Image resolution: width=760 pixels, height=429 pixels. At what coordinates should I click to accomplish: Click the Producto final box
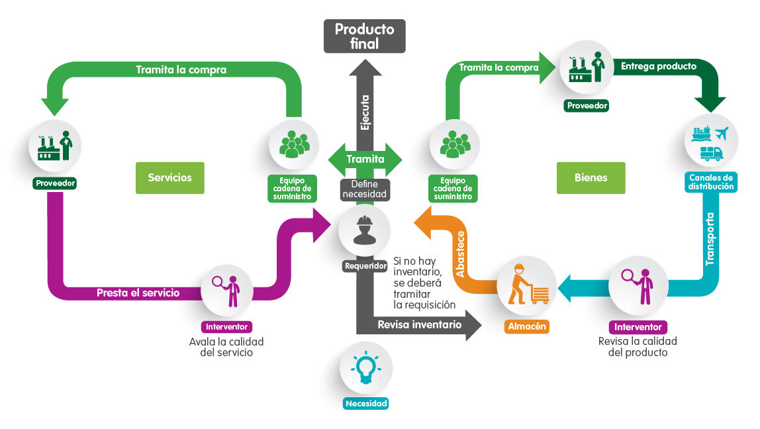pyautogui.click(x=364, y=36)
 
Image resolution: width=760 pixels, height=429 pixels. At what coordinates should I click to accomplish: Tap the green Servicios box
pyautogui.click(x=169, y=177)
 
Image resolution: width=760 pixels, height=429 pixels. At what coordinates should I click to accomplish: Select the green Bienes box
pyautogui.click(x=591, y=177)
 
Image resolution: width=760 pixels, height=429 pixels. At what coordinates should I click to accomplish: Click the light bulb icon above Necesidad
pyautogui.click(x=365, y=367)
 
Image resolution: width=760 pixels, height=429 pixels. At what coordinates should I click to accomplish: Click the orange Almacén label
pyautogui.click(x=527, y=326)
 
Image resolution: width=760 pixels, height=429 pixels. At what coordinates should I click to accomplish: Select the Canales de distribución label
pyautogui.click(x=711, y=182)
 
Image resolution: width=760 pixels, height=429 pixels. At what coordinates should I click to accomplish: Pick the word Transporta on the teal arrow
pyautogui.click(x=710, y=239)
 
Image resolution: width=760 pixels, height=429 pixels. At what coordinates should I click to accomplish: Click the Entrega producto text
pyautogui.click(x=658, y=66)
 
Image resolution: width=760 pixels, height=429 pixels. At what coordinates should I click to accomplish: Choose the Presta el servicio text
pyautogui.click(x=138, y=293)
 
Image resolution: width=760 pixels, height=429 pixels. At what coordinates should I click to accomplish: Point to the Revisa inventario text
pyautogui.click(x=419, y=324)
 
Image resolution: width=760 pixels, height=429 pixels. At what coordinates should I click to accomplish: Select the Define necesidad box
pyautogui.click(x=364, y=189)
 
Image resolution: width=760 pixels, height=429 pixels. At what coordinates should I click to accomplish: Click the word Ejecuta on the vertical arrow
pyautogui.click(x=365, y=112)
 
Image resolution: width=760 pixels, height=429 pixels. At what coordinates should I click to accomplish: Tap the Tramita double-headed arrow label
pyautogui.click(x=365, y=159)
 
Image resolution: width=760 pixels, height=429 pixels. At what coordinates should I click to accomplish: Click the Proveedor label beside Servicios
pyautogui.click(x=55, y=183)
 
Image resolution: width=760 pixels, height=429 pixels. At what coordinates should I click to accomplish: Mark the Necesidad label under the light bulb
pyautogui.click(x=365, y=403)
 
